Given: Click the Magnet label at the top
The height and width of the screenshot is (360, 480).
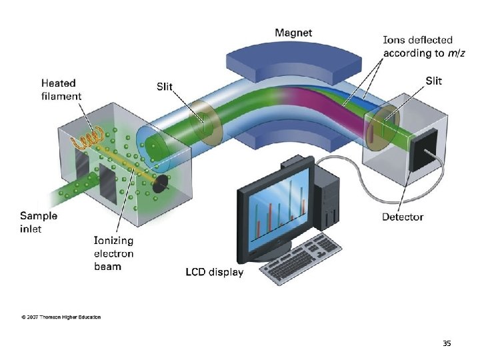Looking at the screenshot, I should (293, 33).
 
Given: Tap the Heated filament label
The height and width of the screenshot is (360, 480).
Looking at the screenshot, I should (61, 89).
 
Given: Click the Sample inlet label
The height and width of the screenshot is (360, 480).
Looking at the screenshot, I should (39, 222).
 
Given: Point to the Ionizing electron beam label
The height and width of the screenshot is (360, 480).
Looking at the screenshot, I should (113, 253).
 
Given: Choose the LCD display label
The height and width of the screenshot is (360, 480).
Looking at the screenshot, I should (214, 272).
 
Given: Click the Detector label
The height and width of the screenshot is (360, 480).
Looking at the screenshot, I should (403, 217).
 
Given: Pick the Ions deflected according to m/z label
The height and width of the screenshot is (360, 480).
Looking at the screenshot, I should (417, 47).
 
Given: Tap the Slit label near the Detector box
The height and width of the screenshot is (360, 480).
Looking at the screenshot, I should (433, 81).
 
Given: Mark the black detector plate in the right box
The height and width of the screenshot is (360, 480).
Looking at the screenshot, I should (423, 149).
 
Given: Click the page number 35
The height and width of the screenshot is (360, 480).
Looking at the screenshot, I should (447, 343).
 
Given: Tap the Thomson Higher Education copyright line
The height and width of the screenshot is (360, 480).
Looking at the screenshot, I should (61, 317).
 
